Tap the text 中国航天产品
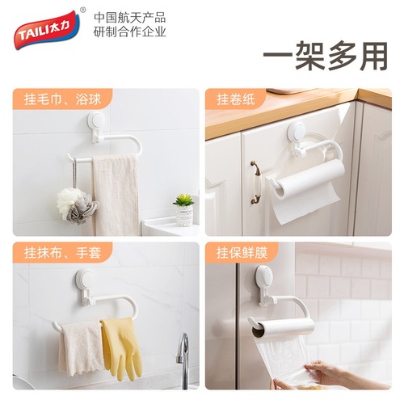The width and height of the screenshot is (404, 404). coord(130,16)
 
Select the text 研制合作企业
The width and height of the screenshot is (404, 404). coord(130,32)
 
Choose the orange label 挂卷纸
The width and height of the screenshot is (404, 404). coord(235,99)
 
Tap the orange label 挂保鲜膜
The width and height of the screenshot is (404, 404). coord(240,254)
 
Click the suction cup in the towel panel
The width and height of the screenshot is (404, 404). coord(99,126)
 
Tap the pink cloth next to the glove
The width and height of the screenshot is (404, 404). coord(79,347)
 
